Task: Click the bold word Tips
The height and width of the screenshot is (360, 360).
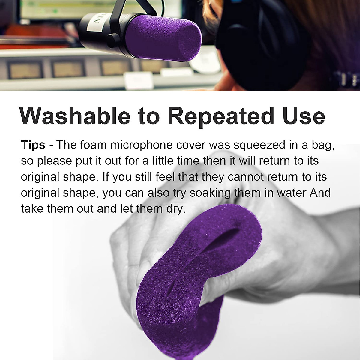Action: (x=33, y=145)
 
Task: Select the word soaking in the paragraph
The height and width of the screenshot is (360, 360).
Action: (x=209, y=192)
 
